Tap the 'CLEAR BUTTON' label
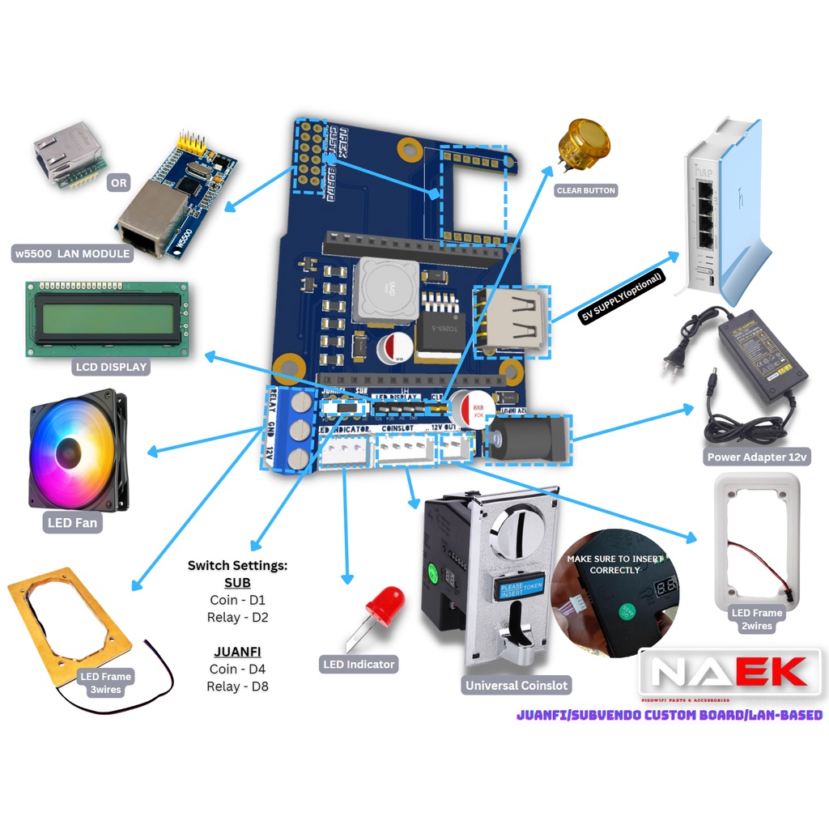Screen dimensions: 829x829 click(586, 191)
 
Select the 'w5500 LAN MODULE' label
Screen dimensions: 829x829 click(73, 253)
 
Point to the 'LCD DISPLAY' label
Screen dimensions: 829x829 click(112, 367)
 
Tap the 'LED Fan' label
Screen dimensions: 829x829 click(72, 523)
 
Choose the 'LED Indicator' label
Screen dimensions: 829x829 click(359, 665)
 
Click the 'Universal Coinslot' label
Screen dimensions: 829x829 click(517, 686)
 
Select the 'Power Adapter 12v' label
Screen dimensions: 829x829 click(757, 457)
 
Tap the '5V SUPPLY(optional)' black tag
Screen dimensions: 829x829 click(622, 297)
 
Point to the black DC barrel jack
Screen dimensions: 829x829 click(526, 440)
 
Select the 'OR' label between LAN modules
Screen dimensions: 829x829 click(119, 183)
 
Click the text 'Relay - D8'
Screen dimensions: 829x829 click(237, 687)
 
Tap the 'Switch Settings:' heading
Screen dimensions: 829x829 click(237, 565)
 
